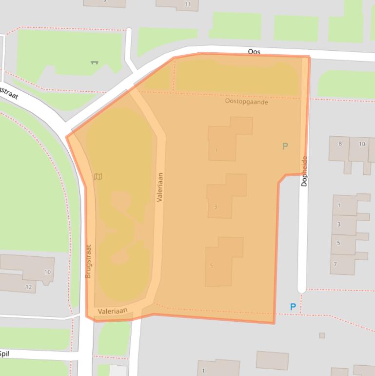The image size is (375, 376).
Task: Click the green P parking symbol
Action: pos(285,146)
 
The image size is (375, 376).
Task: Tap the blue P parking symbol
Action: pos(293,307)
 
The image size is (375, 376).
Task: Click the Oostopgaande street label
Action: pos(246,102)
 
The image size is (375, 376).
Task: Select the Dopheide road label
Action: pos(304,171)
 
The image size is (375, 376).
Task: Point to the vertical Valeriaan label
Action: pos(160,187)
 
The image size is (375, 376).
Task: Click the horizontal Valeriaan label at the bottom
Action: pos(112,311)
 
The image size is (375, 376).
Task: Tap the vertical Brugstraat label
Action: pos(88,261)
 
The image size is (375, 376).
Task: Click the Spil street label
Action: pos(4,354)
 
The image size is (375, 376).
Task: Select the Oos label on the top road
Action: pos(254,52)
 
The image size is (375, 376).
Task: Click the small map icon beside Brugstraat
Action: pos(98,177)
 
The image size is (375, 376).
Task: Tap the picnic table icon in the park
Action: pos(95,63)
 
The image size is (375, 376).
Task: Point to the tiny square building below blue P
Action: pos(322,335)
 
